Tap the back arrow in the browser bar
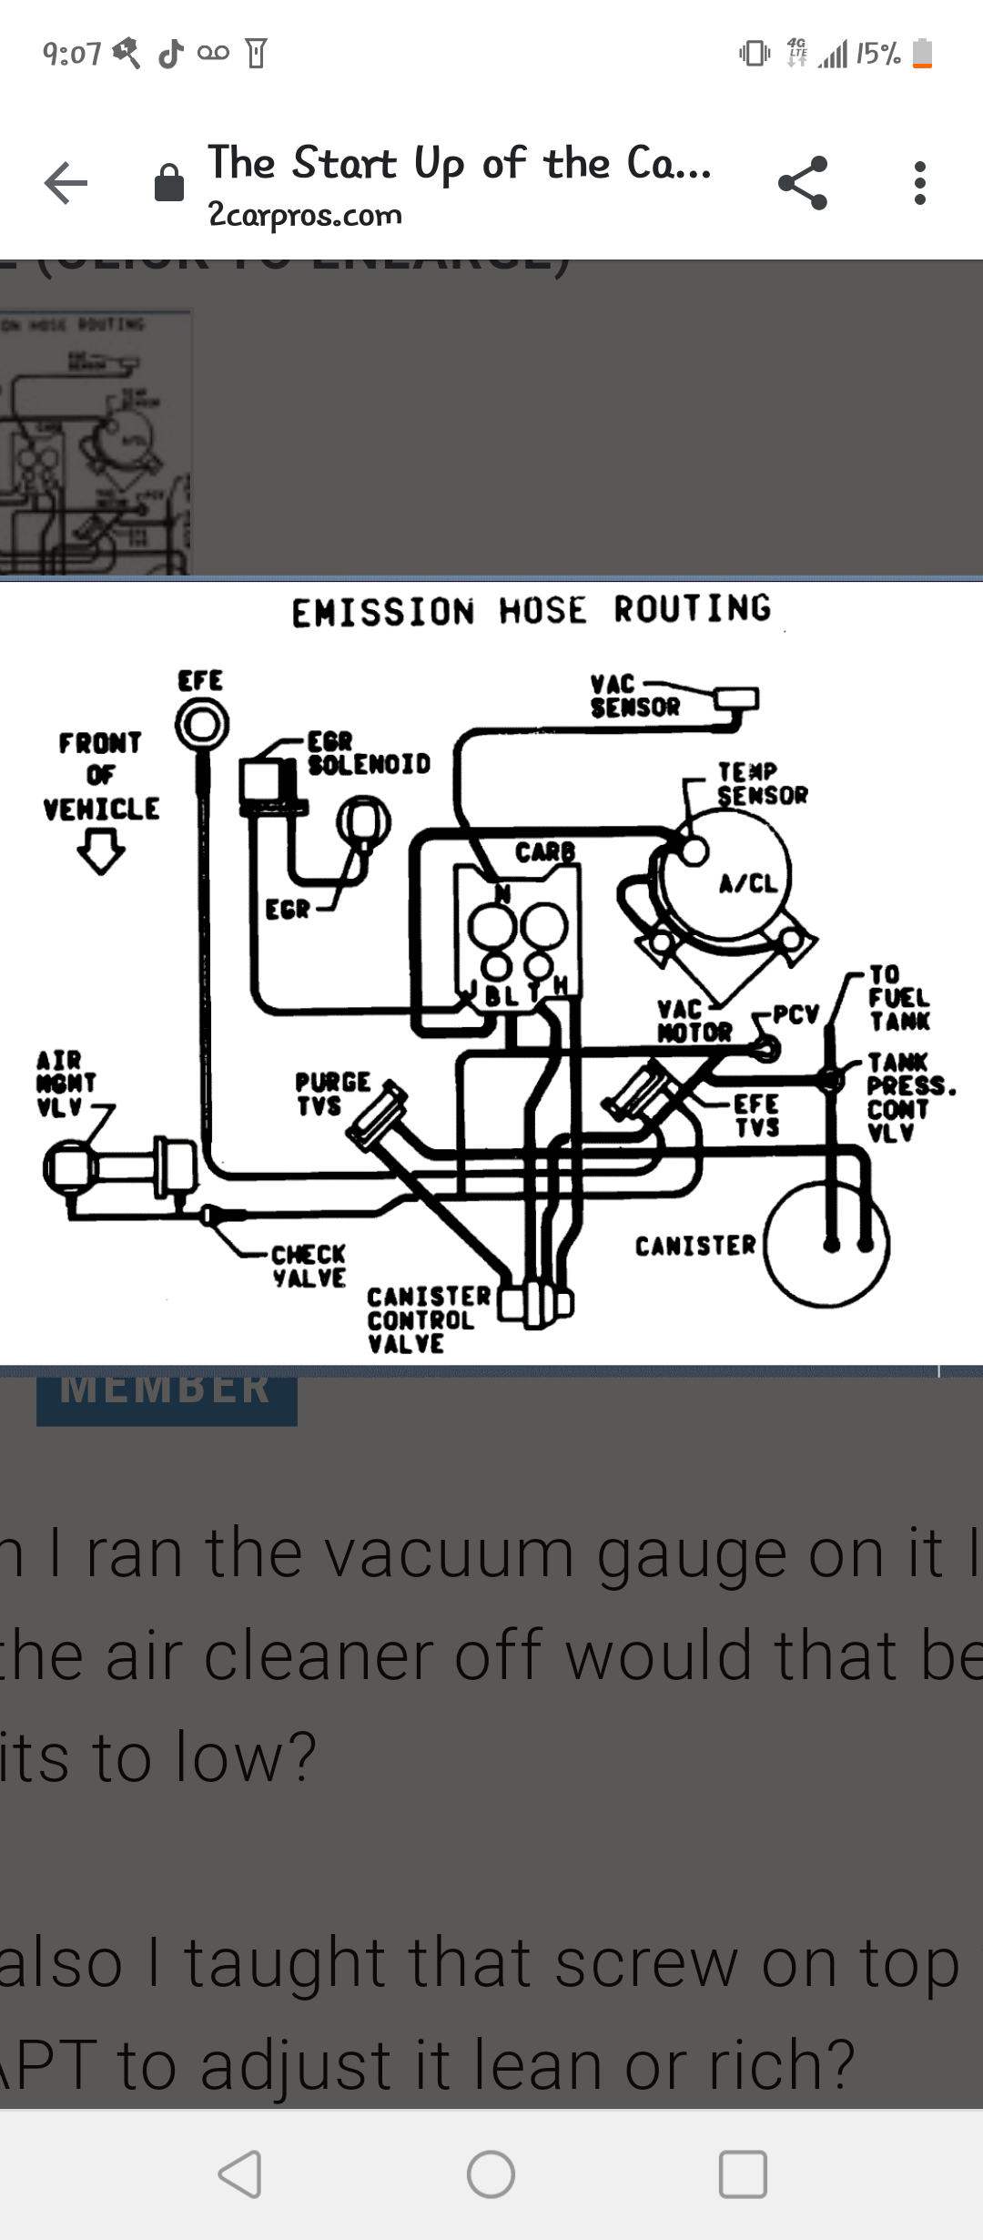point(66,183)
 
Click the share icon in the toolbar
point(803,183)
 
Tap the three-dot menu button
point(920,183)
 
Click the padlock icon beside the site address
point(169,183)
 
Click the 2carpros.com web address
point(305,215)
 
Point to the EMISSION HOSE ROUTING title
point(531,610)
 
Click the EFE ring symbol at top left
point(201,726)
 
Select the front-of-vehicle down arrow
point(100,854)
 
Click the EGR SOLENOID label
point(368,753)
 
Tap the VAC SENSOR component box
point(736,699)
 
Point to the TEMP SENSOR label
point(761,784)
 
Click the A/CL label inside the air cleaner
point(748,883)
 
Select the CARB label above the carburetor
point(544,852)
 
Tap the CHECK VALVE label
point(309,1266)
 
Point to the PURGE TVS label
point(332,1094)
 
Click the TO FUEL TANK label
point(898,998)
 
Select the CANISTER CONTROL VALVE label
point(428,1319)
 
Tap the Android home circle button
point(491,2174)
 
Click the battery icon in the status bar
point(922,54)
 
